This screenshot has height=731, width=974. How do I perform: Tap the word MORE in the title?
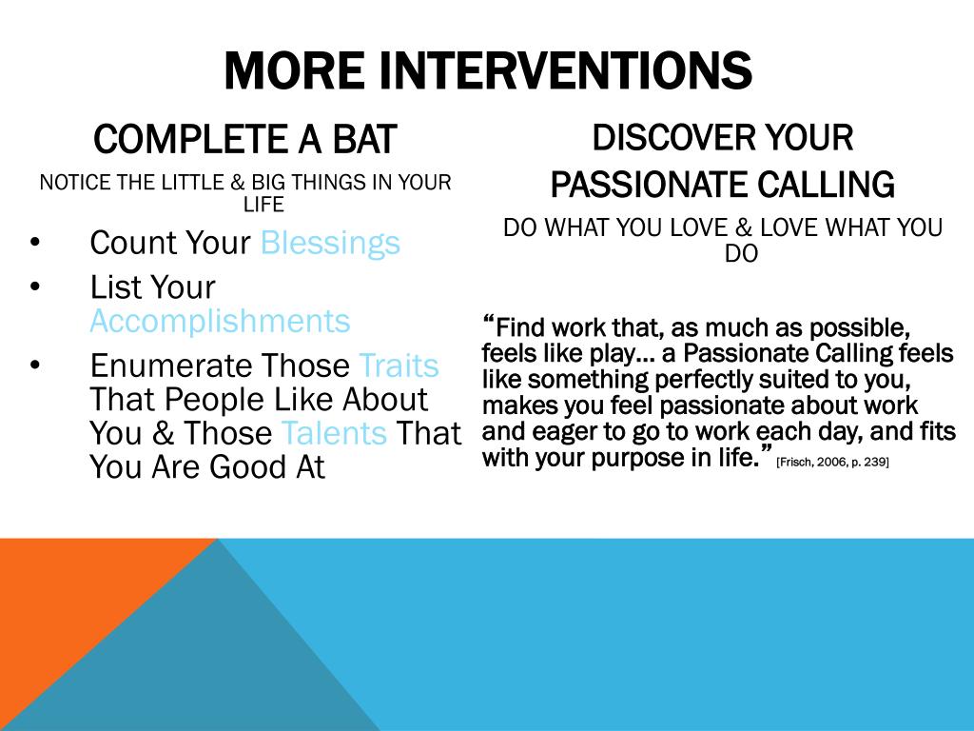294,70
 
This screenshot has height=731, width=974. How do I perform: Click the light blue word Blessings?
330,243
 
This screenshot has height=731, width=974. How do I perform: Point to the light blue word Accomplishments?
220,322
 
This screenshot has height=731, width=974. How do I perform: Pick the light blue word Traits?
399,365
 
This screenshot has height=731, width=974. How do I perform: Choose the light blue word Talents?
334,433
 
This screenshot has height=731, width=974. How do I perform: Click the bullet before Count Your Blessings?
35,242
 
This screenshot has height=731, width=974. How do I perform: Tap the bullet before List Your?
35,286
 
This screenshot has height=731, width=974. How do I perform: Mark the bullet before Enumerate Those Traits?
35,365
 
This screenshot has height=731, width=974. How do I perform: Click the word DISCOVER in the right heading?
672,137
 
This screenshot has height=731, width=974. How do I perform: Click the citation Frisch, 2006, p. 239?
832,462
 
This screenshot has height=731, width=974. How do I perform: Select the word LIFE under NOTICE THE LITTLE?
263,204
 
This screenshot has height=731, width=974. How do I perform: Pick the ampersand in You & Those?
163,433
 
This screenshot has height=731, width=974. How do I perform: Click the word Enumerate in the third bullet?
171,365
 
